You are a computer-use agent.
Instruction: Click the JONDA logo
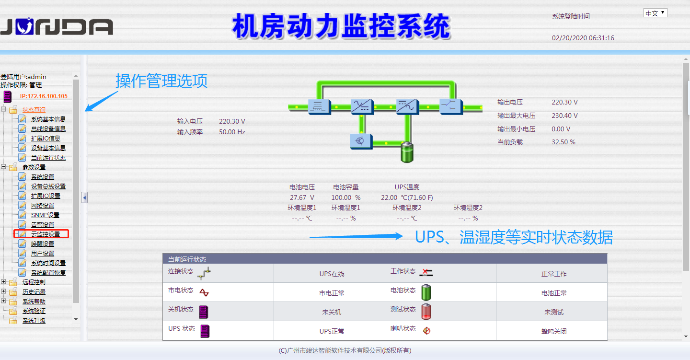click(x=57, y=27)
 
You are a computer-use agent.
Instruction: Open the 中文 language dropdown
click(x=655, y=13)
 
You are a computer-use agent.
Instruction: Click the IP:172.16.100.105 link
click(x=44, y=96)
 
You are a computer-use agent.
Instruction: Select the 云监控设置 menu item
click(x=45, y=234)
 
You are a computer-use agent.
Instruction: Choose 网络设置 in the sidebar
click(x=42, y=205)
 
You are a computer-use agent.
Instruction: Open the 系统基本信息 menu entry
click(x=48, y=119)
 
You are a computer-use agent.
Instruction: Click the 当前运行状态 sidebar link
click(x=48, y=157)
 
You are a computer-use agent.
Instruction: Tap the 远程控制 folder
click(x=34, y=282)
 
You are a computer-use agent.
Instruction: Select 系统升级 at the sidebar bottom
click(x=34, y=320)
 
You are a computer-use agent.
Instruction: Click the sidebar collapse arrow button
click(x=84, y=197)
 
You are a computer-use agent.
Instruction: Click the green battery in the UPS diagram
click(x=406, y=152)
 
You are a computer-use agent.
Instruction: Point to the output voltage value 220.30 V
click(x=564, y=102)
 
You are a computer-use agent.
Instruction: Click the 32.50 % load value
click(x=563, y=142)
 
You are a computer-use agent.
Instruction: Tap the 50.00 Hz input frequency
click(x=232, y=131)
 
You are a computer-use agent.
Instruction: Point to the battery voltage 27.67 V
click(x=302, y=197)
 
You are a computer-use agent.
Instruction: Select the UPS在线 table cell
click(x=332, y=274)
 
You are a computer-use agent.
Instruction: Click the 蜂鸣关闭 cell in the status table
click(x=554, y=331)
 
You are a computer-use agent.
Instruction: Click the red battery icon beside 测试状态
click(x=426, y=311)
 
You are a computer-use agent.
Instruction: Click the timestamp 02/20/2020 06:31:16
click(x=583, y=38)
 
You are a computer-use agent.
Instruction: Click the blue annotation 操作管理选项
click(x=161, y=81)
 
